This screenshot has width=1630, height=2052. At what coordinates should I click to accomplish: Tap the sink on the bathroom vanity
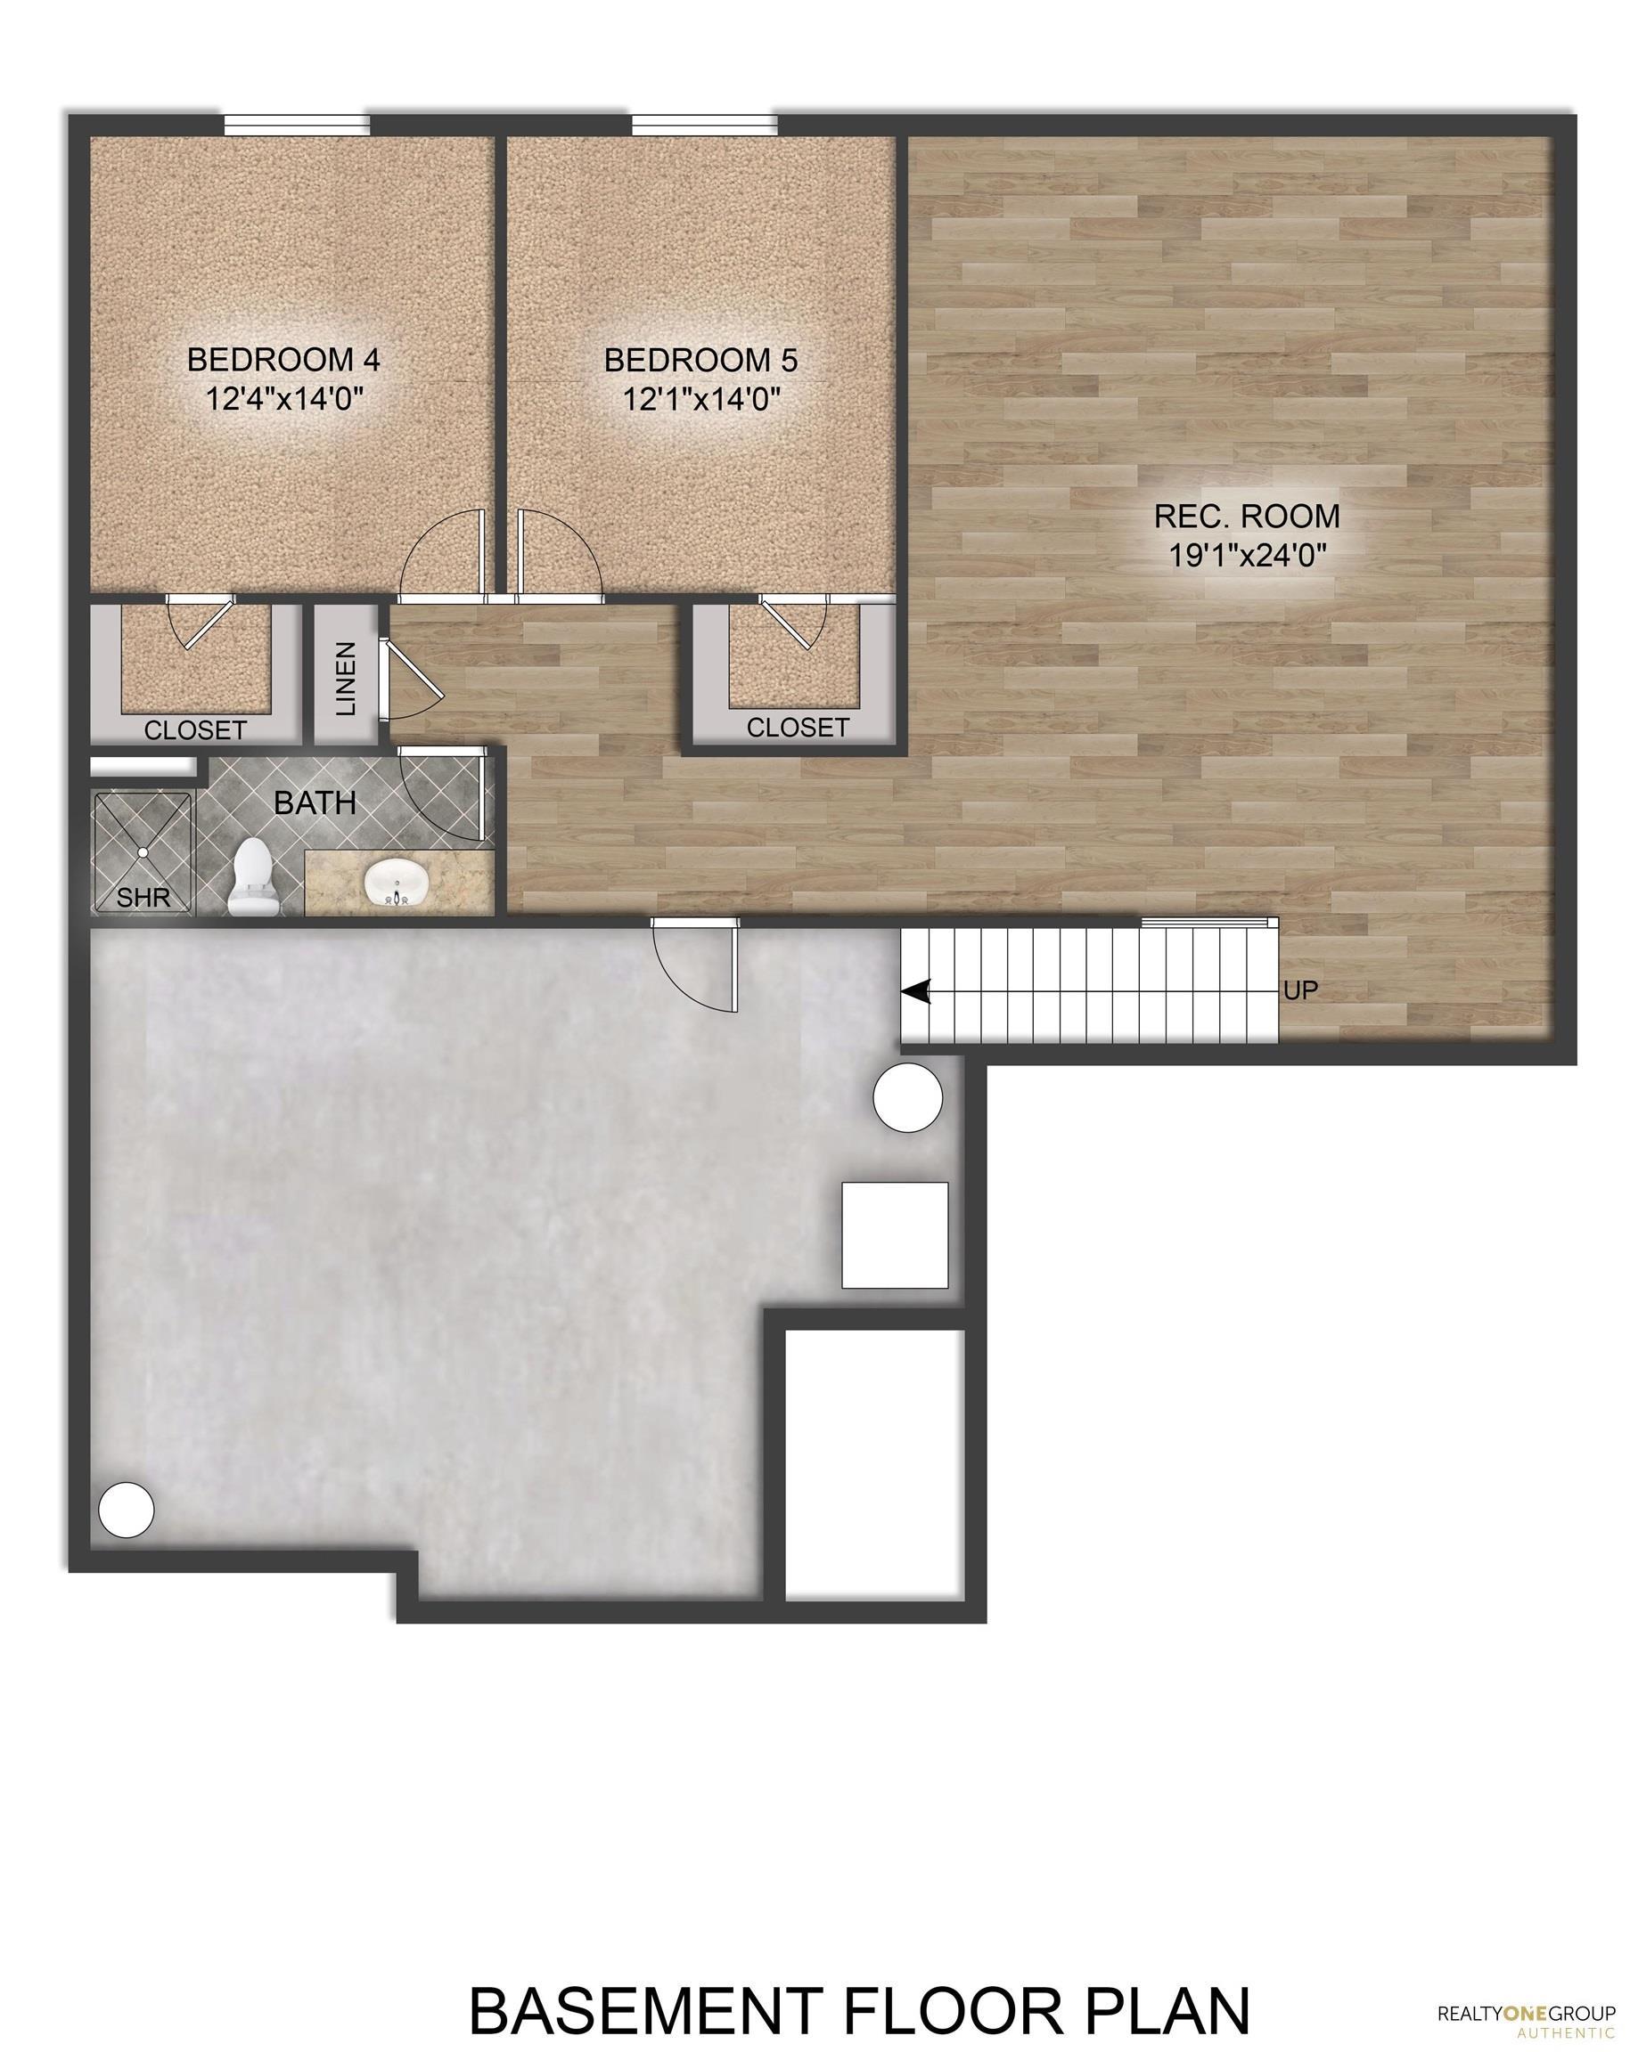[x=394, y=883]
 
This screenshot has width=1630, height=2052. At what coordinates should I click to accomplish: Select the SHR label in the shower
[x=143, y=897]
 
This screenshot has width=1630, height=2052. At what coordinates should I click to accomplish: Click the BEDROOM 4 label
[x=283, y=360]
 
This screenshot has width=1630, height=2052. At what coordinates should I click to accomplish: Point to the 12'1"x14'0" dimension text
[x=701, y=399]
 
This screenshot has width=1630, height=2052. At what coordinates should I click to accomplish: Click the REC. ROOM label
[x=1246, y=516]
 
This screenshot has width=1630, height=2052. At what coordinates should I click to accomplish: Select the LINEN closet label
[x=346, y=678]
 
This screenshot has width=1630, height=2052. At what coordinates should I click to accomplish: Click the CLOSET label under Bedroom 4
[x=195, y=730]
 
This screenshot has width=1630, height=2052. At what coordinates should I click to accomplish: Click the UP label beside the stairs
[x=1300, y=989]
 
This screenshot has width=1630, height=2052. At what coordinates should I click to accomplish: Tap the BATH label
[x=315, y=802]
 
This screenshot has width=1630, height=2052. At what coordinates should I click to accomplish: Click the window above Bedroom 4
[x=297, y=125]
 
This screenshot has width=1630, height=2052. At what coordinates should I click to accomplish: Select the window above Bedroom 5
[x=704, y=125]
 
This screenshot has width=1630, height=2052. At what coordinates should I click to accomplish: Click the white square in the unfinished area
[x=894, y=1234]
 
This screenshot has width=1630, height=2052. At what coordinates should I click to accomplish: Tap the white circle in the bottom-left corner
[x=126, y=1508]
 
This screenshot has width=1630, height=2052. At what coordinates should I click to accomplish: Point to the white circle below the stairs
[x=907, y=1097]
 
